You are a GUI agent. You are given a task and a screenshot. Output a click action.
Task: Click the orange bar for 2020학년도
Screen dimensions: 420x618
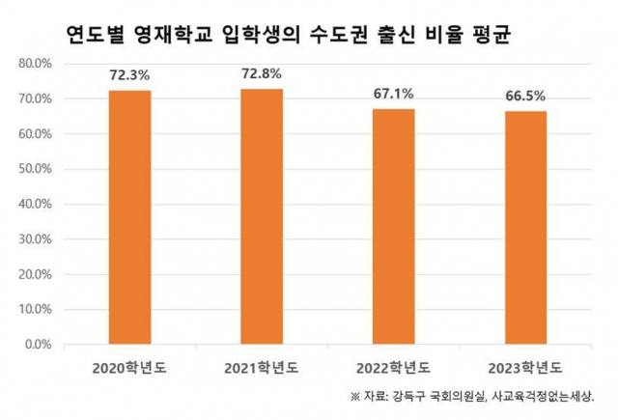(x=129, y=216)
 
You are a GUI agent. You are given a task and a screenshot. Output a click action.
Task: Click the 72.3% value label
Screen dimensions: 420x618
(x=129, y=74)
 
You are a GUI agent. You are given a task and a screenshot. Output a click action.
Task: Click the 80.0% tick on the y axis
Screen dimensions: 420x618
(x=38, y=64)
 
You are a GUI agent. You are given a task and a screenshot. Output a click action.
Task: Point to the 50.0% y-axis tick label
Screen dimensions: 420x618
(x=38, y=169)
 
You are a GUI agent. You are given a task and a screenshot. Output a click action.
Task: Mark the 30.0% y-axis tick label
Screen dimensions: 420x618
(x=38, y=239)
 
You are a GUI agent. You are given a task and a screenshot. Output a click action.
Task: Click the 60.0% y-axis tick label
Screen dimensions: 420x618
(x=38, y=134)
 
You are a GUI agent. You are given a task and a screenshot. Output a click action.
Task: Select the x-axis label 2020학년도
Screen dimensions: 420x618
(x=129, y=368)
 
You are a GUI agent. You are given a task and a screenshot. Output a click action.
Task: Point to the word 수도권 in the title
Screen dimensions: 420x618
(x=332, y=35)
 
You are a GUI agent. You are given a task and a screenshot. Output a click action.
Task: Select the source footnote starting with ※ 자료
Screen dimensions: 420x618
(x=472, y=396)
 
